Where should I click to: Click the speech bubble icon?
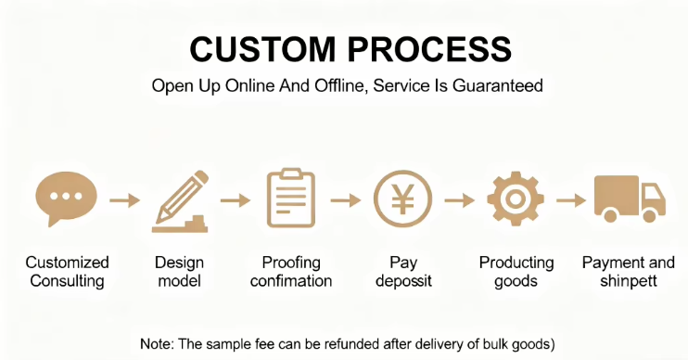pyautogui.click(x=66, y=198)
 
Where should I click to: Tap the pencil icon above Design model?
pyautogui.click(x=181, y=201)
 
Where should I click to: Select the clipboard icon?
pyautogui.click(x=291, y=198)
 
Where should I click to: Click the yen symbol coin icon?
pyautogui.click(x=402, y=199)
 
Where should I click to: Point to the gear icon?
pyautogui.click(x=516, y=199)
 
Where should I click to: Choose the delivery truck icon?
pyautogui.click(x=630, y=199)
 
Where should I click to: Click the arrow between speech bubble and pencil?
pyautogui.click(x=124, y=200)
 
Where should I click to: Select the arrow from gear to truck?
pyautogui.click(x=571, y=200)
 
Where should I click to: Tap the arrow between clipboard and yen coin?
pyautogui.click(x=345, y=200)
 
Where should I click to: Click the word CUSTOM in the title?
pyautogui.click(x=262, y=49)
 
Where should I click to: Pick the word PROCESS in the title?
pyautogui.click(x=429, y=49)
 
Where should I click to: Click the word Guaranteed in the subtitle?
pyautogui.click(x=498, y=85)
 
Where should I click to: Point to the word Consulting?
pyautogui.click(x=67, y=281)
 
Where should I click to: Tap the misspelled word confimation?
pyautogui.click(x=291, y=280)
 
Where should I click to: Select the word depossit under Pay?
pyautogui.click(x=403, y=281)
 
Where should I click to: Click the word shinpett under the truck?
pyautogui.click(x=629, y=281)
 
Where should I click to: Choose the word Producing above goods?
pyautogui.click(x=516, y=263)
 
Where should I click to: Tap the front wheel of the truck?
pyautogui.click(x=649, y=215)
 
